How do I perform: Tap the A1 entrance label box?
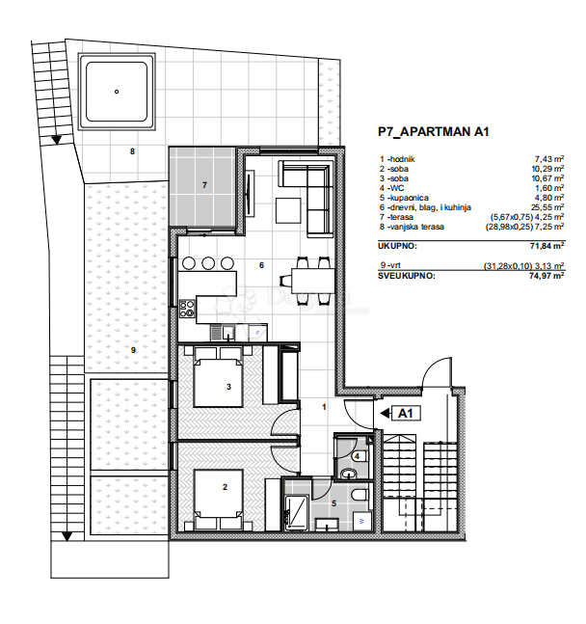(406, 414)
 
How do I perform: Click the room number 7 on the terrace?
(203, 184)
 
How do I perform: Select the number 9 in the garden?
(133, 348)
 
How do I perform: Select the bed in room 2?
(218, 495)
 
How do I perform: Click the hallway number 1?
(325, 407)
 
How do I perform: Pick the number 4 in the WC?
(357, 456)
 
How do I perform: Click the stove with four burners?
(187, 310)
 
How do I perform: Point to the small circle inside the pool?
(116, 93)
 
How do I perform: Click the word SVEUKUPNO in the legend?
(408, 275)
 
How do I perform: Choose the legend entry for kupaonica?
(410, 199)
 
